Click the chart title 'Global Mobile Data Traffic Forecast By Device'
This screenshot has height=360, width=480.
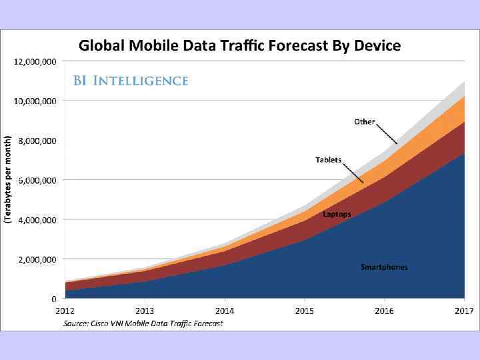(240, 46)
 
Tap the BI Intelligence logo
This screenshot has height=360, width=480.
(131, 81)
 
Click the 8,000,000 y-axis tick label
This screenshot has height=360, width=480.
(36, 140)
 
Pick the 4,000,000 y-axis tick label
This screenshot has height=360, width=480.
(36, 219)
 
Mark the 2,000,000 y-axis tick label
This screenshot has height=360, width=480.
(36, 259)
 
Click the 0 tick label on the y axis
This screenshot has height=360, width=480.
(53, 298)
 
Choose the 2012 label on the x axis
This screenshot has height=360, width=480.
(65, 311)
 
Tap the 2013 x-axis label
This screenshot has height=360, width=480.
(145, 311)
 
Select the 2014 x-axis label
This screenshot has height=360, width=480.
(225, 311)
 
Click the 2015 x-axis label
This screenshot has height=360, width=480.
(305, 311)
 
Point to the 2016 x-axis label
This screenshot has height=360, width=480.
(384, 311)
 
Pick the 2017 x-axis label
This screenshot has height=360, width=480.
(464, 311)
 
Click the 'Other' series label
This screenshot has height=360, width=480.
(365, 122)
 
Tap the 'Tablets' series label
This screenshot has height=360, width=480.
(328, 160)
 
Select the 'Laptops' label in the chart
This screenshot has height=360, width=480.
(337, 214)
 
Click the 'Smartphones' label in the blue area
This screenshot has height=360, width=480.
(384, 267)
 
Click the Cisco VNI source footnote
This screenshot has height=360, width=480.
(143, 323)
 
